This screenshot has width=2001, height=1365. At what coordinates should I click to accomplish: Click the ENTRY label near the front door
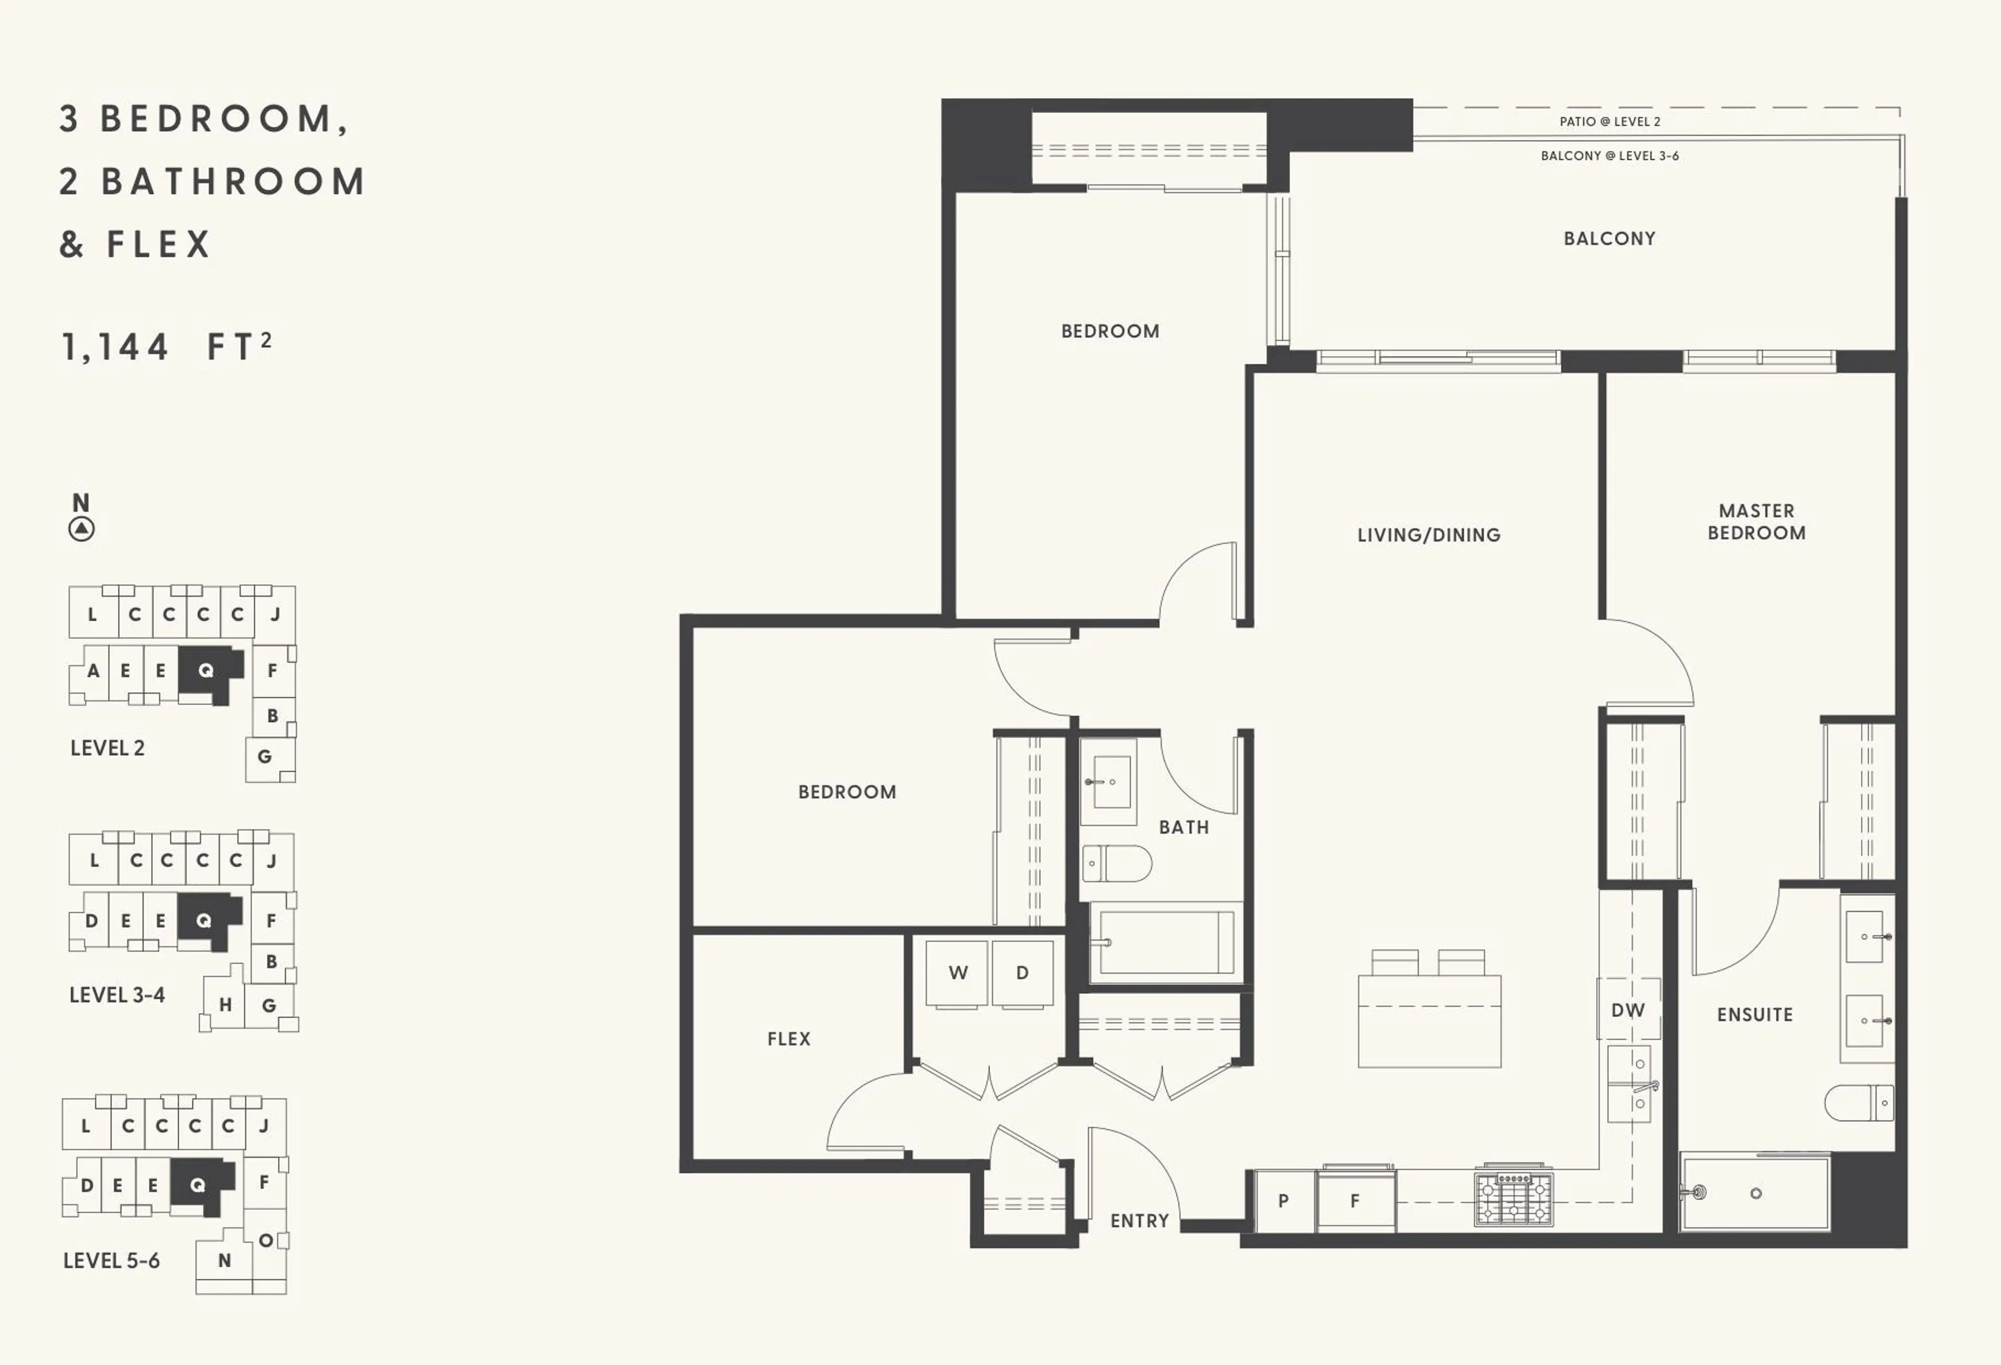pyautogui.click(x=1139, y=1220)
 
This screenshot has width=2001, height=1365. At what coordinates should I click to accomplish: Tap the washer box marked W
pyautogui.click(x=957, y=972)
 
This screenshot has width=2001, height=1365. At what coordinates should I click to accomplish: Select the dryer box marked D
pyautogui.click(x=1022, y=972)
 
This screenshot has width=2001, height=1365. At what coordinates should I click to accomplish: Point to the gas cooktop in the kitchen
pyautogui.click(x=1514, y=1198)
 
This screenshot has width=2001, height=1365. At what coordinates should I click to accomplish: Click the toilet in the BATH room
pyautogui.click(x=1117, y=863)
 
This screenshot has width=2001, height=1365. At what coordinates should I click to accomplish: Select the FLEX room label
pyautogui.click(x=789, y=1039)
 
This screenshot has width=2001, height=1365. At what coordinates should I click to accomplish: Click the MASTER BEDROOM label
pyautogui.click(x=1757, y=521)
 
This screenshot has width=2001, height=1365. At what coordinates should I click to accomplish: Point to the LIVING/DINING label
pyautogui.click(x=1428, y=534)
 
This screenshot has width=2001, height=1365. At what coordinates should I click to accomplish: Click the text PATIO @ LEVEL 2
pyautogui.click(x=1609, y=121)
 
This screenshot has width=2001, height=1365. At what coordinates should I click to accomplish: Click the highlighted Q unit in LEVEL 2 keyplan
pyautogui.click(x=206, y=670)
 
